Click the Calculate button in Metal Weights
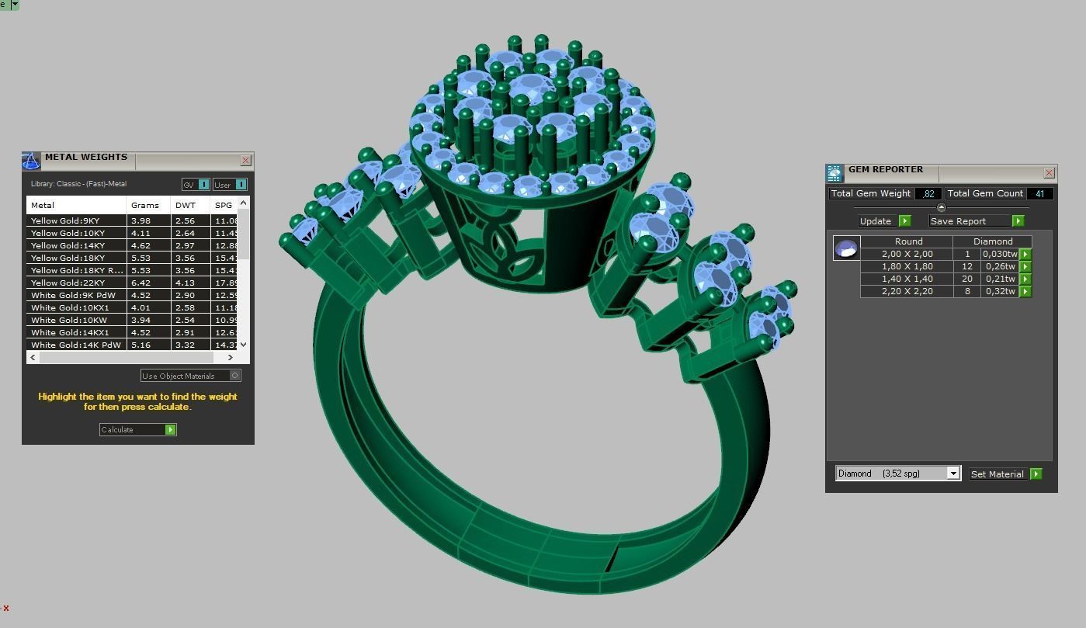coord(137,429)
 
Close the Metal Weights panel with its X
coord(246,161)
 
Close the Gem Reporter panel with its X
coord(1050,173)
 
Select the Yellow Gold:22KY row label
coord(68,283)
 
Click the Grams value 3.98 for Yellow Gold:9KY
coord(141,220)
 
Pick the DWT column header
coord(186,205)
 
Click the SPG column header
coord(224,205)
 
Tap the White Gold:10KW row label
coord(68,320)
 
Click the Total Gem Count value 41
coord(1039,193)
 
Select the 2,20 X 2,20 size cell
coord(907,291)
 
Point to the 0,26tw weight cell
coord(999,266)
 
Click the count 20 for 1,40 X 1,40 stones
coord(967,279)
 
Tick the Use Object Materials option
coord(235,376)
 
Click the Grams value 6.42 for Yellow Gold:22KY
coord(141,283)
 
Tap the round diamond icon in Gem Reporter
coord(845,248)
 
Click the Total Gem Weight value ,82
coord(928,193)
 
